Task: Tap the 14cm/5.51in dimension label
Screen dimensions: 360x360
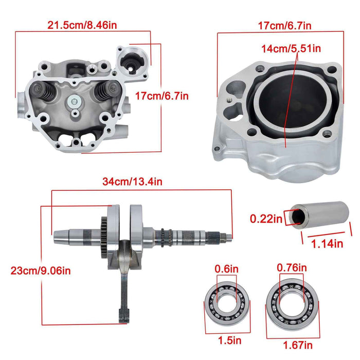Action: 291,49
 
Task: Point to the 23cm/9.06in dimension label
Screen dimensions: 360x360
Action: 37,269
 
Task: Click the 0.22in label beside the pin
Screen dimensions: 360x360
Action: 266,219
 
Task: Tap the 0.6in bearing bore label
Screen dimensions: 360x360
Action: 227,268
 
